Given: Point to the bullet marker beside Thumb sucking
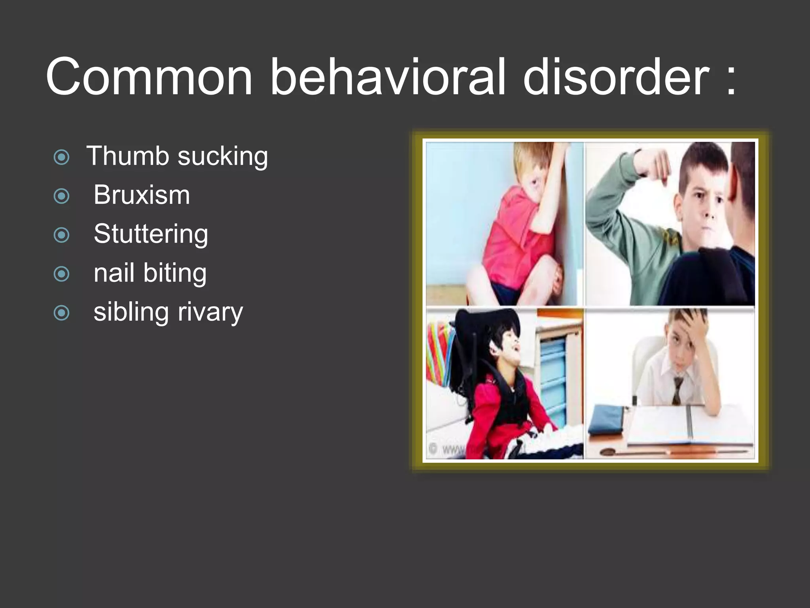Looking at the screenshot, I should point(61,157).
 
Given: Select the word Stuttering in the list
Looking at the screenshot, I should point(151,234).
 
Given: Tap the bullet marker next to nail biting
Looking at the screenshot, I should point(61,274).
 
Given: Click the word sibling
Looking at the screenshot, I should point(131,312).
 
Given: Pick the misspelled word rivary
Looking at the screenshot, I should point(210,313).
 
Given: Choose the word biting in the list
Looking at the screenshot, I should point(174,273).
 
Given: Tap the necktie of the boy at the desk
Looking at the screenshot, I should point(678,390).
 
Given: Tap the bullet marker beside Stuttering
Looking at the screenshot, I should point(61,235).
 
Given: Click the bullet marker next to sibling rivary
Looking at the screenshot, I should point(61,313).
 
